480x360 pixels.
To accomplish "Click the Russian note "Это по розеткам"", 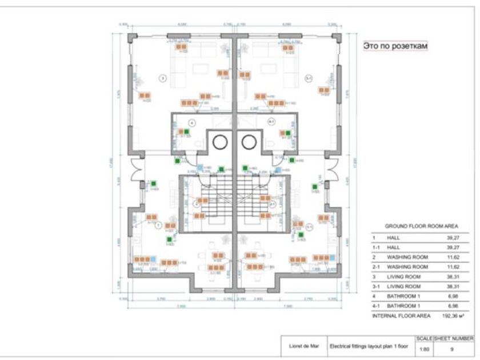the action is [395, 46].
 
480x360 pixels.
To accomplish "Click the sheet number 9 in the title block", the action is [453, 347].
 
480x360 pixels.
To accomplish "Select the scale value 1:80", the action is [424, 347].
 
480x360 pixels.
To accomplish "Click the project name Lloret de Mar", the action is [302, 345].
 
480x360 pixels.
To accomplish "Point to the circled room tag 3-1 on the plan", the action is [309, 78].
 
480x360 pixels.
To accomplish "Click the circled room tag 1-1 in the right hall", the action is [309, 226].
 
